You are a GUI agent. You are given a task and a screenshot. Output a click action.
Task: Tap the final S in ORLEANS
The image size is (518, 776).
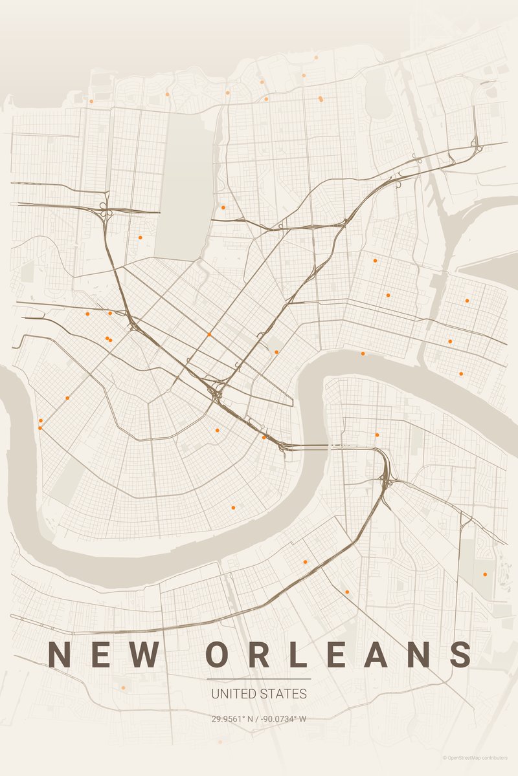(x=461, y=654)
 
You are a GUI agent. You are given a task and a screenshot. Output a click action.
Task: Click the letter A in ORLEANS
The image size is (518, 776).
(x=377, y=654)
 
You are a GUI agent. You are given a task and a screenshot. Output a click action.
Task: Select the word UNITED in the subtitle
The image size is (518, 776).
(x=234, y=694)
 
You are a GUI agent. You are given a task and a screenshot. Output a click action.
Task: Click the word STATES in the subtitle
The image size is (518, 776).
(x=283, y=694)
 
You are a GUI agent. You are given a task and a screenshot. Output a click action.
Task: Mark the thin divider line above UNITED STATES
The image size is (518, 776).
(x=259, y=679)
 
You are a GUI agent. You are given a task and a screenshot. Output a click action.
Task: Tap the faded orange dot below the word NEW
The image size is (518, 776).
(x=123, y=687)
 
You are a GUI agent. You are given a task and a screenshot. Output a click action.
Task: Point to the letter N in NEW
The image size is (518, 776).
(x=60, y=654)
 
